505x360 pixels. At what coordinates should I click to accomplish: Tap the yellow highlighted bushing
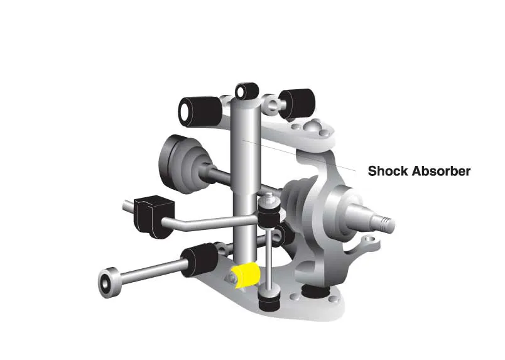pyautogui.click(x=247, y=275)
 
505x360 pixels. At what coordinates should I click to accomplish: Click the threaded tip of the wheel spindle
pyautogui.click(x=386, y=224)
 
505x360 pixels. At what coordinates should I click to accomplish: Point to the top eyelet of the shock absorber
pyautogui.click(x=247, y=91)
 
